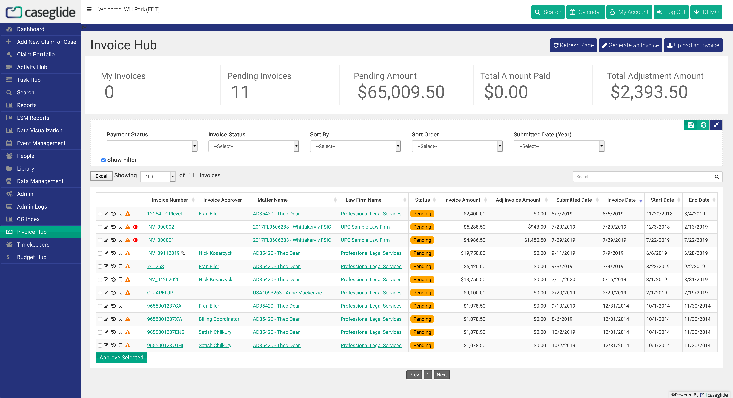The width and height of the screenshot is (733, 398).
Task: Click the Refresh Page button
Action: (573, 45)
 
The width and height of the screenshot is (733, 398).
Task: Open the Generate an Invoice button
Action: (630, 45)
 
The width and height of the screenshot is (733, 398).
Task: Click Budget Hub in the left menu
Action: (32, 257)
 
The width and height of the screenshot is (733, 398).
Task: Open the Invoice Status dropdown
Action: (253, 146)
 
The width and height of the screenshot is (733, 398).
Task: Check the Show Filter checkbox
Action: (104, 160)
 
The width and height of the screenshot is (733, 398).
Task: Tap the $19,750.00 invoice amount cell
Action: (473, 253)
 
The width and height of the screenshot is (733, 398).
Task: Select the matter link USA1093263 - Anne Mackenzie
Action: (287, 293)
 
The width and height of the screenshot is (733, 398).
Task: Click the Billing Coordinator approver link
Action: (219, 319)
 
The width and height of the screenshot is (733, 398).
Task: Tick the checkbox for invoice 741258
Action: (100, 267)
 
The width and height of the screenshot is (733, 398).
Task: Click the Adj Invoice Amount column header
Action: (518, 200)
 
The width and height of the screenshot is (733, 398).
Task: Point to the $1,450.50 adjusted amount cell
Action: (535, 240)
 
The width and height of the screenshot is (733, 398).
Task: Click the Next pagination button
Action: (442, 375)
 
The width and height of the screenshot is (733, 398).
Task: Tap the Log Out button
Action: (671, 12)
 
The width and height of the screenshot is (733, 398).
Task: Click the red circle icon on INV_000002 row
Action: (135, 227)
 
